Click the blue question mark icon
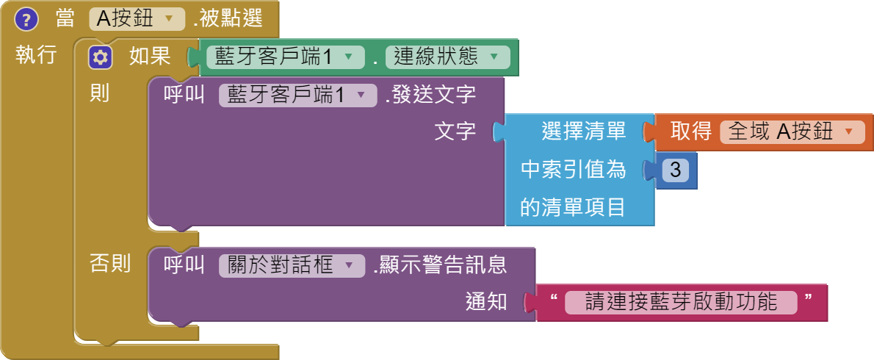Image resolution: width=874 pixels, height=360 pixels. [x=26, y=19]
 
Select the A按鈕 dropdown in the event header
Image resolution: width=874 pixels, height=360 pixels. [x=137, y=19]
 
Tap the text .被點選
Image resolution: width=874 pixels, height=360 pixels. [x=228, y=19]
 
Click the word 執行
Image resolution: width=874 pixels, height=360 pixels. [x=36, y=55]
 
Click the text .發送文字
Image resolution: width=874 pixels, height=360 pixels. [x=430, y=96]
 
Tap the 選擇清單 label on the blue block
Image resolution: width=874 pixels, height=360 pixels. [x=583, y=132]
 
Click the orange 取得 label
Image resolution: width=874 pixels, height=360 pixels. [x=691, y=132]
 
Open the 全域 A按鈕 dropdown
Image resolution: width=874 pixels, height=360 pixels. [x=791, y=132]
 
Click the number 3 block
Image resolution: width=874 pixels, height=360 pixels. [x=675, y=170]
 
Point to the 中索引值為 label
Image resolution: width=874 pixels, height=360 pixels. [x=573, y=170]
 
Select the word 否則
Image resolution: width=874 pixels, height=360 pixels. [x=109, y=263]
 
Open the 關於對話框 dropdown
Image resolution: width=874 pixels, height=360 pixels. [x=292, y=265]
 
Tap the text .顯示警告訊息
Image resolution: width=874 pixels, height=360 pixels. [x=439, y=265]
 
